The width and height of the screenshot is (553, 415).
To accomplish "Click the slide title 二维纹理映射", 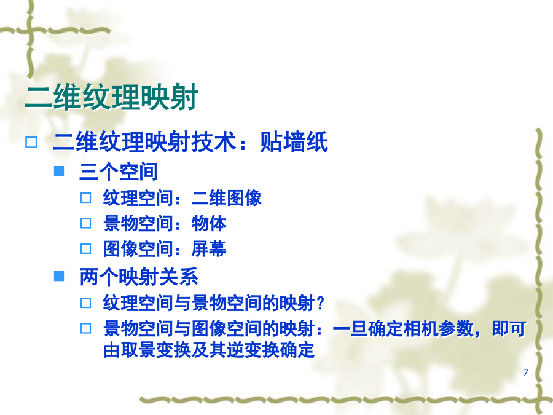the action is click(112, 97).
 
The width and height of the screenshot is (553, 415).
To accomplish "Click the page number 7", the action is click(525, 373).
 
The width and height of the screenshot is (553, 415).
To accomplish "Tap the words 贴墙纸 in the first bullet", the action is click(294, 142).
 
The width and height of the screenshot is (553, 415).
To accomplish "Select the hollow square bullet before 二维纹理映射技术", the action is click(31, 142).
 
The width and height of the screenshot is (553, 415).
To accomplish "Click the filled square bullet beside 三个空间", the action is click(59, 171).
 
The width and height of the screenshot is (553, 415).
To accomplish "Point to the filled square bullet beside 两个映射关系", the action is click(59, 276).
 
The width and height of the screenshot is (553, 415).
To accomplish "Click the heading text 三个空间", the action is click(119, 172).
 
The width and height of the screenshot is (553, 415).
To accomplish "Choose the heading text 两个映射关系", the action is click(139, 277).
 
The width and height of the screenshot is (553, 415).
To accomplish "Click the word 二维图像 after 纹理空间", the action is click(226, 197).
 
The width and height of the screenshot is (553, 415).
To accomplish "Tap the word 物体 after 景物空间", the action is click(209, 223).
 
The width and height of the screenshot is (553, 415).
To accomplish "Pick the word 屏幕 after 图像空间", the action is click(209, 249).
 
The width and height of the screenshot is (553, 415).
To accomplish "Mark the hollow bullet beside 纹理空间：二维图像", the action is click(85, 197).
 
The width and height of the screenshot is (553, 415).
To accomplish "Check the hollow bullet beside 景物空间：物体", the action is click(85, 223).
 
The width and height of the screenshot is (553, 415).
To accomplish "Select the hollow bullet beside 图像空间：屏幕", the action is click(85, 249).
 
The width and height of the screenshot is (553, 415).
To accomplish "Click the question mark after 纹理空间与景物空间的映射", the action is click(320, 303).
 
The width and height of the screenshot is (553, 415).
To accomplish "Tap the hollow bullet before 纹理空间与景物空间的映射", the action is click(85, 302).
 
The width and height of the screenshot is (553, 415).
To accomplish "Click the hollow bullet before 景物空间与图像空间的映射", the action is click(85, 328).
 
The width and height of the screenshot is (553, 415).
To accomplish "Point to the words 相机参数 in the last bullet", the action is click(437, 329).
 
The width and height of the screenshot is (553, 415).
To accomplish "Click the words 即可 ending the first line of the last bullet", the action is click(509, 329).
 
